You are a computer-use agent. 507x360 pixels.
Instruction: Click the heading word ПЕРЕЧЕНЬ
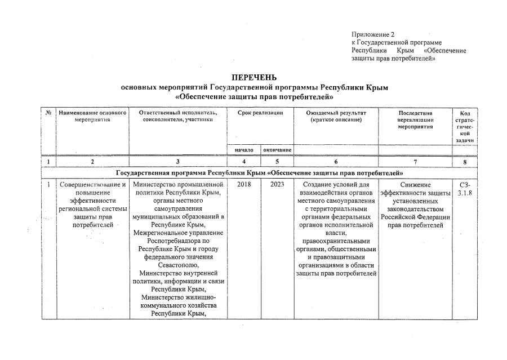click(254, 77)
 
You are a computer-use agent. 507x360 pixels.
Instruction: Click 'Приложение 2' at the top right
click(372, 35)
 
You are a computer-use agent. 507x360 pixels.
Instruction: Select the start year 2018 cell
click(244, 185)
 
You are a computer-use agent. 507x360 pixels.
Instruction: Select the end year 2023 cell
click(277, 185)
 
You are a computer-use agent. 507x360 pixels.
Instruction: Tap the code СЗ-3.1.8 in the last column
click(465, 189)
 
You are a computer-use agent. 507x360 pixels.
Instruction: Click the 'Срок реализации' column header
click(260, 113)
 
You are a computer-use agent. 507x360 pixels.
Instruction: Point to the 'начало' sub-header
click(244, 150)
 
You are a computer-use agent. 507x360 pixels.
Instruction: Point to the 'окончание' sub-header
click(277, 150)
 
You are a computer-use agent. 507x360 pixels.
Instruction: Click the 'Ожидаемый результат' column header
click(336, 117)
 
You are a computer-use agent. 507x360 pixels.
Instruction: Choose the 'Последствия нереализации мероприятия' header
click(415, 120)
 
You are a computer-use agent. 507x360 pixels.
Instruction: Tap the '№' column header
click(48, 113)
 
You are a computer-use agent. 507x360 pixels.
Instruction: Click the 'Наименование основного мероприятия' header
click(92, 117)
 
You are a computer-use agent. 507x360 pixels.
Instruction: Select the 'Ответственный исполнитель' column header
click(178, 117)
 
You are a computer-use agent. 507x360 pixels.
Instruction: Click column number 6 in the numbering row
click(336, 162)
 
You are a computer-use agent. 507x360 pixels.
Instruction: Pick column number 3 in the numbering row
click(178, 162)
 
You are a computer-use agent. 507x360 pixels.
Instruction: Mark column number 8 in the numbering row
click(465, 162)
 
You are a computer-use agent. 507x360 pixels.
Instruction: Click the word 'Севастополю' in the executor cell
click(178, 264)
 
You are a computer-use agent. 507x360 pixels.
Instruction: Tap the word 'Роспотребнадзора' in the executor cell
click(178, 240)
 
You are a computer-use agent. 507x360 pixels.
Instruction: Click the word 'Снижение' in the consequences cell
click(415, 185)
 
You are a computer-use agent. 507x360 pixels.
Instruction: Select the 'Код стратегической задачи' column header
click(465, 127)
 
